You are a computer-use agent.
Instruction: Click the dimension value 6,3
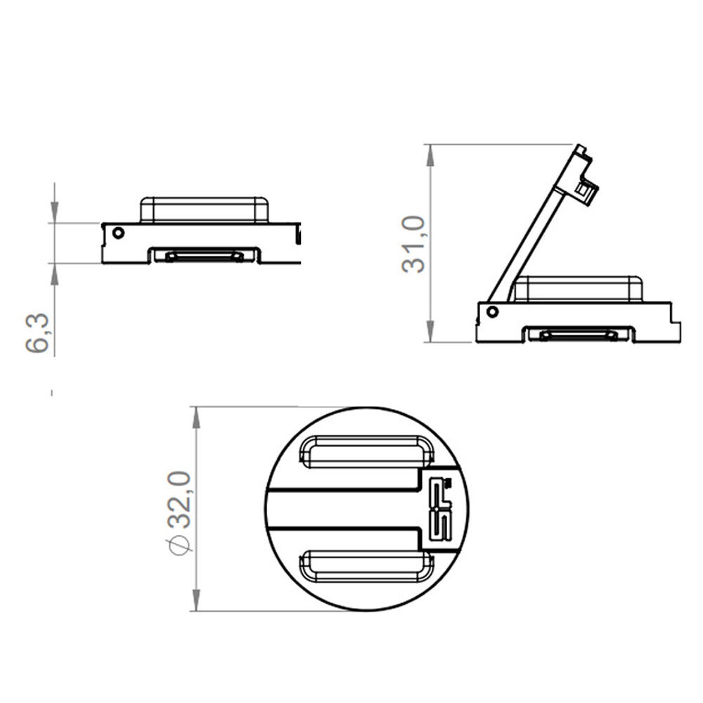click(x=38, y=333)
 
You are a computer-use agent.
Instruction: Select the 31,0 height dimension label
click(x=413, y=244)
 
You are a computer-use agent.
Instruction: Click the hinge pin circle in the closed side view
click(x=118, y=233)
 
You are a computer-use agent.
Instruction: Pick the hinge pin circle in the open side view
click(x=492, y=311)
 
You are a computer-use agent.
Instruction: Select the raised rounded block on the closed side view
click(x=204, y=209)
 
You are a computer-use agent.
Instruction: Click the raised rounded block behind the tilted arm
click(x=578, y=289)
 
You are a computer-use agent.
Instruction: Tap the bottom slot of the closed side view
click(x=204, y=256)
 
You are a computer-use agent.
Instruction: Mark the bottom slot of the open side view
click(x=578, y=335)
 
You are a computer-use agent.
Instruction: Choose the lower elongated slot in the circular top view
click(x=366, y=567)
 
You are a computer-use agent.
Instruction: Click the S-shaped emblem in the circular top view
click(x=442, y=509)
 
